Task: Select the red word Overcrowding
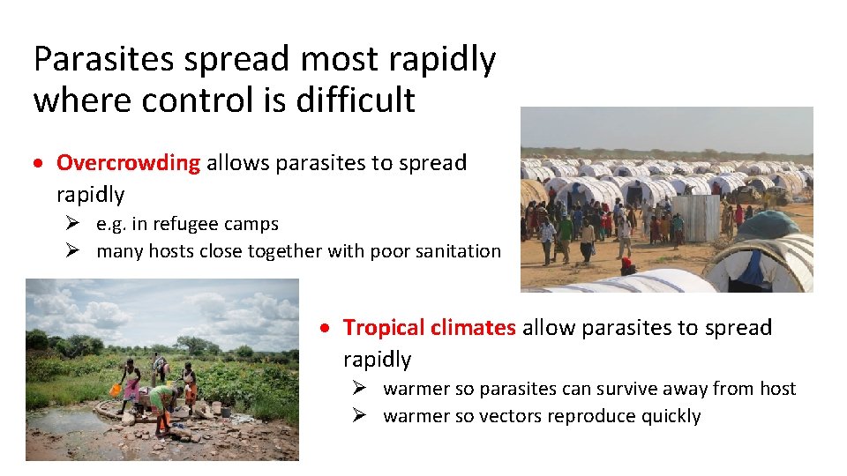129,163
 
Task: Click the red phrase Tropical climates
429,328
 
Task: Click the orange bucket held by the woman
115,389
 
